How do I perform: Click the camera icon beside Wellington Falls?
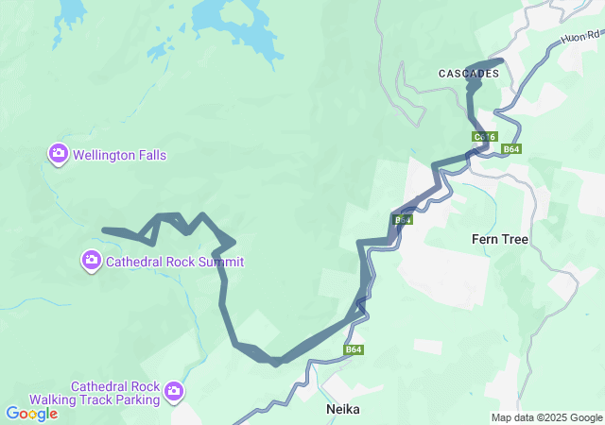(x=58, y=153)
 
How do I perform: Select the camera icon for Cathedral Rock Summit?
(x=91, y=260)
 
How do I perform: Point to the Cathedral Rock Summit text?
(x=175, y=262)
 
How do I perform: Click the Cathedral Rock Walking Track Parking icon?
(x=174, y=390)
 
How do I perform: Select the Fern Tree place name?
(x=499, y=240)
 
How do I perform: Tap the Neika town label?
(x=343, y=410)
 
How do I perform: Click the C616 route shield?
(x=484, y=138)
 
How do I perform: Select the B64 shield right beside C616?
(x=511, y=149)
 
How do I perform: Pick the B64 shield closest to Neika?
(x=354, y=350)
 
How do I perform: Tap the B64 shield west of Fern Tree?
(x=404, y=220)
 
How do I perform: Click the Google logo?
(x=31, y=414)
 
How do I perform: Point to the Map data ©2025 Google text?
(x=545, y=417)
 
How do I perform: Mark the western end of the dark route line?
(x=105, y=230)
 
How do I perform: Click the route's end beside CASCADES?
(x=500, y=61)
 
